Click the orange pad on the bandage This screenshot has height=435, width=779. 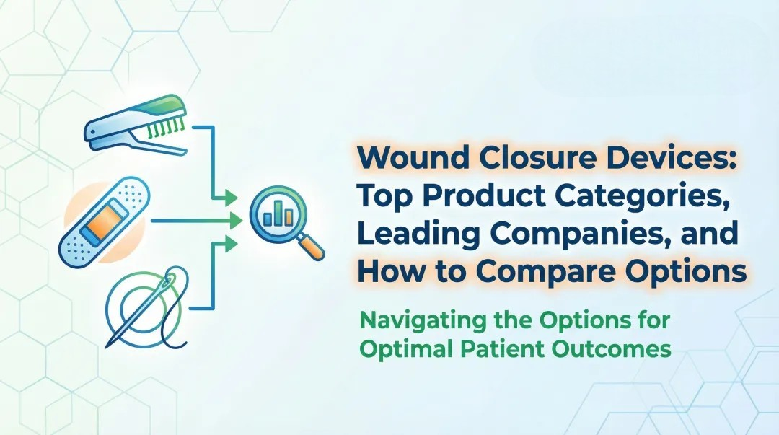106,219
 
